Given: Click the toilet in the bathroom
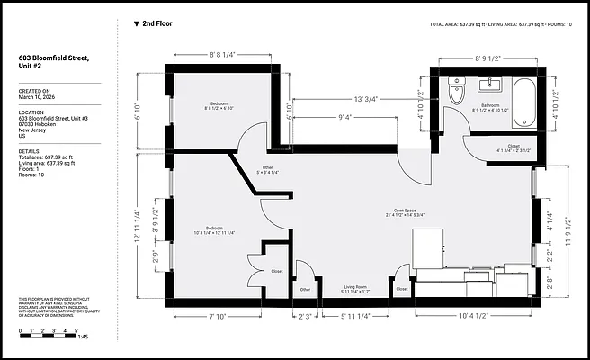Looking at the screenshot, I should [x=455, y=94].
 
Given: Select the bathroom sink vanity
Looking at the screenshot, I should [x=490, y=86].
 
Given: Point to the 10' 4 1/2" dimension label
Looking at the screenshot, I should [x=474, y=316].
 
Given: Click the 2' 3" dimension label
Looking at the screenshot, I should [x=307, y=316].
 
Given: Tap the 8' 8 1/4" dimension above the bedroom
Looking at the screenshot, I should [x=220, y=55].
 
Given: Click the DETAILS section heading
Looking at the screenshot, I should [x=30, y=151].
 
